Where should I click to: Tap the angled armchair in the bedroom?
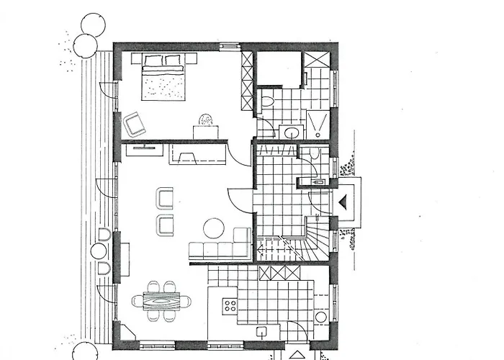coord(135,124)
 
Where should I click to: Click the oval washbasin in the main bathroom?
coord(291,132)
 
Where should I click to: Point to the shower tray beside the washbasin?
coord(317,123)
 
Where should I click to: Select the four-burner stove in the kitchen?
coord(230,305)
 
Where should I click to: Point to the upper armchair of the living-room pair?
coord(166,198)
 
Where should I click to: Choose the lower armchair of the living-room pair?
coord(166,225)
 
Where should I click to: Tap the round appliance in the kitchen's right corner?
coord(320,318)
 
